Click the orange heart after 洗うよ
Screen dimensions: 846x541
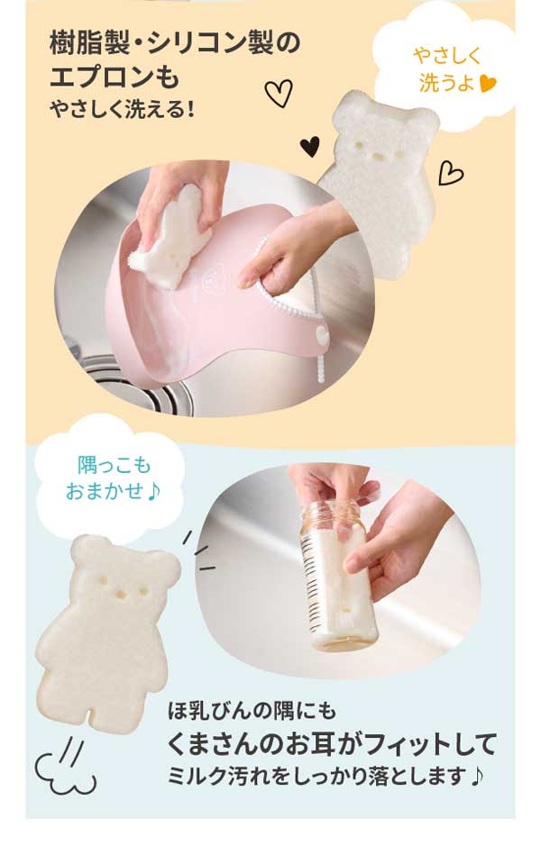[x=487, y=85]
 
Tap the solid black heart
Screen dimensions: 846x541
[x=309, y=145]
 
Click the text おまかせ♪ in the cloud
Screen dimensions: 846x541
[x=110, y=492]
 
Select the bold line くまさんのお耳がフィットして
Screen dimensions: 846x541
[x=333, y=744]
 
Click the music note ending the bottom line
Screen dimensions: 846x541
[x=476, y=775]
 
